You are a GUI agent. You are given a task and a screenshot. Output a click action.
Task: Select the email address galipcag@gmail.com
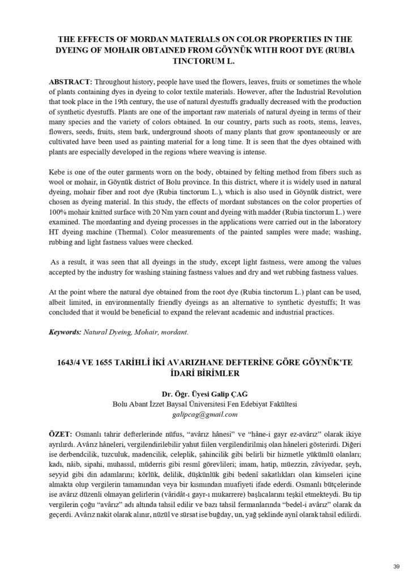pyautogui.click(x=205, y=414)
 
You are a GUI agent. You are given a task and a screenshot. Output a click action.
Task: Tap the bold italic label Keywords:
pyautogui.click(x=65, y=332)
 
